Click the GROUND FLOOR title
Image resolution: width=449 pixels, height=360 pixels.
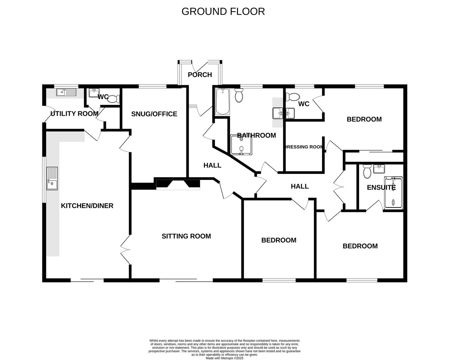tap(223, 11)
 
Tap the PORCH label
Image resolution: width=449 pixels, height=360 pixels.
tap(200, 75)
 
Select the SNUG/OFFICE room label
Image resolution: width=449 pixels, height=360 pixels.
tap(154, 114)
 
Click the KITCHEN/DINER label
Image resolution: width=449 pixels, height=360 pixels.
tap(87, 206)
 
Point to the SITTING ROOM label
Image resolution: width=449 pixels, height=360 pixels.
tap(186, 236)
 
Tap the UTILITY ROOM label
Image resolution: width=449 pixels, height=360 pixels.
tap(74, 114)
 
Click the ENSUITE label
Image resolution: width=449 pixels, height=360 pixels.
tap(381, 188)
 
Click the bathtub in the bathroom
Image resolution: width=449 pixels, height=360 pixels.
tap(223, 102)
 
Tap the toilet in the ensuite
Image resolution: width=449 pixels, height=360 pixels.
tap(367, 171)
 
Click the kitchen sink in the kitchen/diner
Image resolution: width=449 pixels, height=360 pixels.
tap(52, 178)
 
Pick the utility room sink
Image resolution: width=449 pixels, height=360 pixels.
tap(66, 92)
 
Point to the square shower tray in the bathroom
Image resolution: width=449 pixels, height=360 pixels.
tap(241, 145)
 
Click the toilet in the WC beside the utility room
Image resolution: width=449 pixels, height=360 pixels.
tap(113, 99)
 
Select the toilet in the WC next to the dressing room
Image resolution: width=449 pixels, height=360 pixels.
tap(293, 97)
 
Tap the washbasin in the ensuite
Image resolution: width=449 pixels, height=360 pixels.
tap(379, 169)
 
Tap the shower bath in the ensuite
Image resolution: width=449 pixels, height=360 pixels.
tap(393, 193)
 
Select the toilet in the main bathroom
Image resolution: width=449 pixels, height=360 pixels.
tap(239, 95)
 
